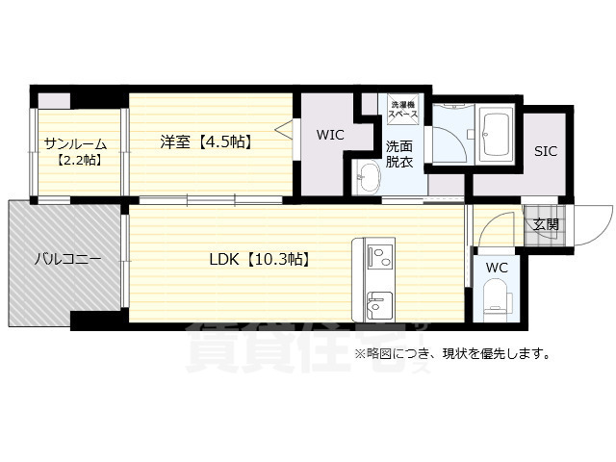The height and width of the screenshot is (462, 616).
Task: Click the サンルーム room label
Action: pos(74,144)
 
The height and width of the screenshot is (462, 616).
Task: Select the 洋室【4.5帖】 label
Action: pos(205,142)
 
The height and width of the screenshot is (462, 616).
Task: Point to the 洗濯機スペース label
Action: pos(401,109)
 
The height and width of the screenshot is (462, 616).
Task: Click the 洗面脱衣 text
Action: pos(399,154)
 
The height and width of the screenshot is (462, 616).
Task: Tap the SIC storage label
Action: pos(546,150)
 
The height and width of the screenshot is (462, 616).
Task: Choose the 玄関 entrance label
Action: pos(546,224)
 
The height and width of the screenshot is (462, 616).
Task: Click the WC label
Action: pos(498,267)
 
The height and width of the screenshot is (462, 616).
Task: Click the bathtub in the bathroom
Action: pos(497,137)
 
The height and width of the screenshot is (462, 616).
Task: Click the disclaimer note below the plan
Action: pos(452,353)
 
